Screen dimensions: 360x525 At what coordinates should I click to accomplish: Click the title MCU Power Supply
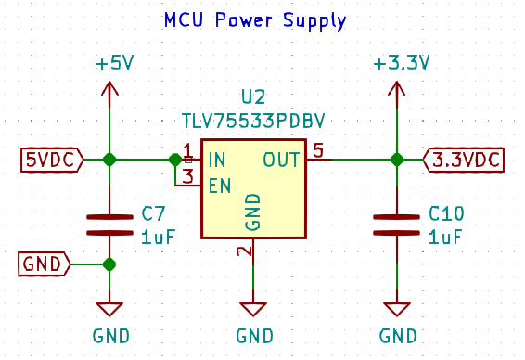(x=255, y=19)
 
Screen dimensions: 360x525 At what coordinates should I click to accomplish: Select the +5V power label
(x=114, y=63)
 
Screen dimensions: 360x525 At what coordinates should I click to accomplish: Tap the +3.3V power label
(x=401, y=63)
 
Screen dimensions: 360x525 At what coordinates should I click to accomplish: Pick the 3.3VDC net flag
(x=464, y=160)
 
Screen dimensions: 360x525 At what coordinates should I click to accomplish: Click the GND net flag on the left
(x=44, y=264)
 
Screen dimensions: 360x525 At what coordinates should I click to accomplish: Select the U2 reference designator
(x=252, y=97)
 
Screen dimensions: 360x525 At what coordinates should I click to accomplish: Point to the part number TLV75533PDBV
(x=252, y=121)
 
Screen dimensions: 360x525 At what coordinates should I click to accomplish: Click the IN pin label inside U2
(x=217, y=160)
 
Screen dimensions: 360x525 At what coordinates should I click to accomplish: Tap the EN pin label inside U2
(x=220, y=186)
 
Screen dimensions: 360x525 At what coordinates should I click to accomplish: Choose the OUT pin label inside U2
(x=281, y=160)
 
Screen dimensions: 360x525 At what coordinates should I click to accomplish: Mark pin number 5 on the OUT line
(x=317, y=150)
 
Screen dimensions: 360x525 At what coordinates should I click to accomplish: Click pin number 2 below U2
(x=243, y=251)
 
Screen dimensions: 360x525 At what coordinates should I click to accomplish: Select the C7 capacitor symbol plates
(x=109, y=225)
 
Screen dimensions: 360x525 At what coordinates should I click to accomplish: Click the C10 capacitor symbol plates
(x=397, y=225)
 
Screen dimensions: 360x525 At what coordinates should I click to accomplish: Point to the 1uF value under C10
(x=445, y=238)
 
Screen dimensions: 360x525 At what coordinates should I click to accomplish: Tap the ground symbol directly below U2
(x=253, y=309)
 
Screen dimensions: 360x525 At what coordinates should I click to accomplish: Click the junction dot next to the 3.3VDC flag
(x=397, y=160)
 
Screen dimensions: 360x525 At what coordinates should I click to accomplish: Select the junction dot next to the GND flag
(x=109, y=264)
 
